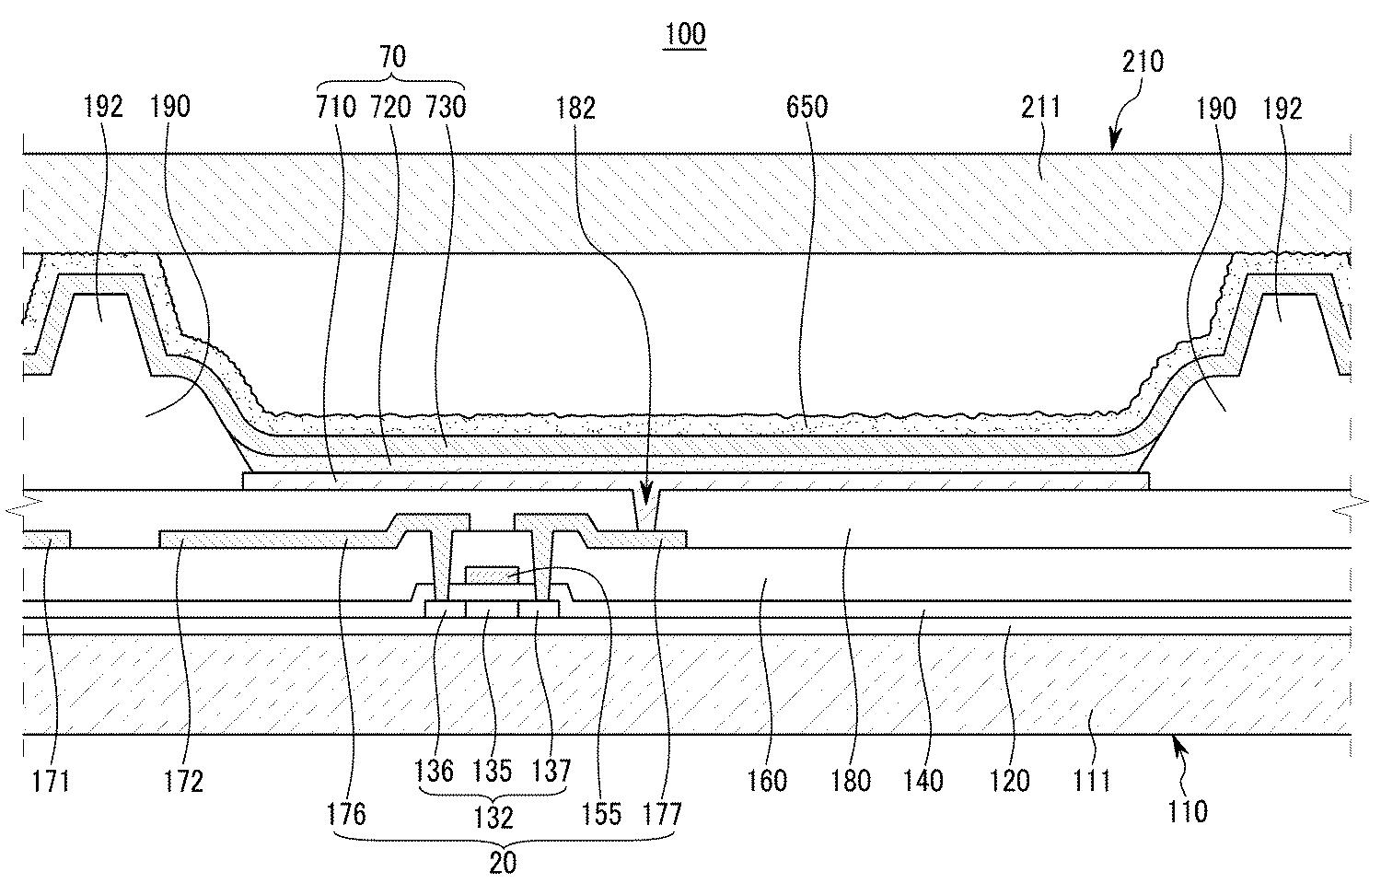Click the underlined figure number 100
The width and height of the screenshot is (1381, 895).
[x=685, y=34]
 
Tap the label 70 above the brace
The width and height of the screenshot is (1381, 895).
[x=392, y=57]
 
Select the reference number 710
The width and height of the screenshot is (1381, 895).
[x=336, y=107]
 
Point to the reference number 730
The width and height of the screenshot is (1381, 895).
[x=446, y=107]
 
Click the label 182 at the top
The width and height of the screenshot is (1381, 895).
[x=575, y=109]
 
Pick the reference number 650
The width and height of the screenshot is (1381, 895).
[x=807, y=107]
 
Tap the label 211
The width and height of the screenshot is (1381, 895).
[x=1040, y=107]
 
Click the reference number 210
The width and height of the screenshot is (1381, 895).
[x=1143, y=62]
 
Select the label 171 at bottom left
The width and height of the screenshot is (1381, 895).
[x=51, y=782]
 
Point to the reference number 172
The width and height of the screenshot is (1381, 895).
[x=183, y=782]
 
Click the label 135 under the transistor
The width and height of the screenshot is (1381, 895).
[x=492, y=771]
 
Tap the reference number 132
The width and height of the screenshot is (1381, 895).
[x=493, y=818]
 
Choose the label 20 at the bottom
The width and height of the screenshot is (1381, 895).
[x=503, y=863]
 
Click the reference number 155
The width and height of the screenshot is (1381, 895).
[x=602, y=814]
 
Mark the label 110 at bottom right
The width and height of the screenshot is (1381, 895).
[x=1188, y=812]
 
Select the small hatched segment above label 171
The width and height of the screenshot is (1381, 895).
[x=47, y=539]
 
